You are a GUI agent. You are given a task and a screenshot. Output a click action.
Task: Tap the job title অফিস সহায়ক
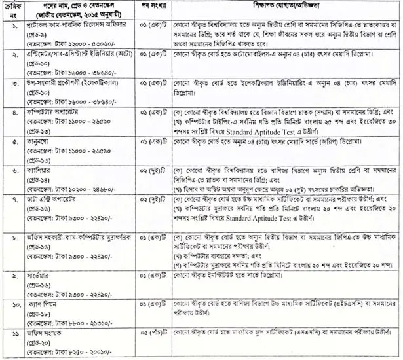[47, 332]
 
